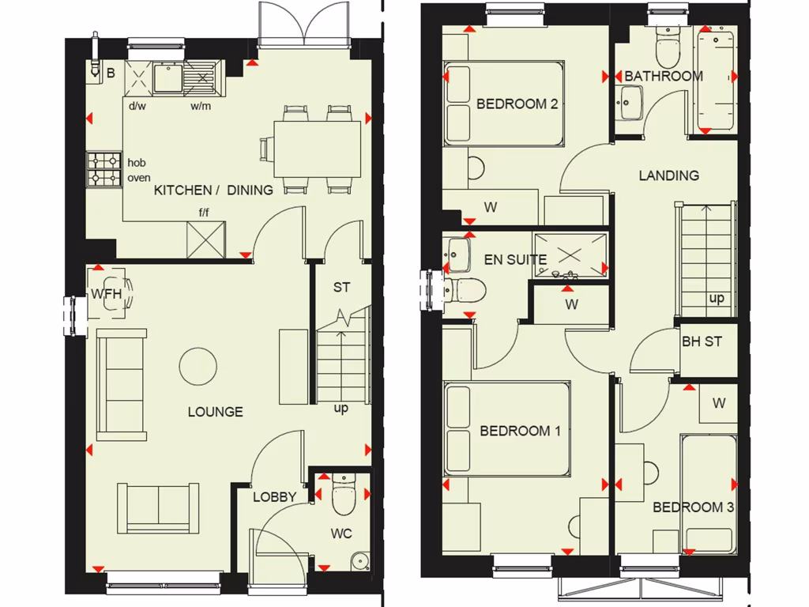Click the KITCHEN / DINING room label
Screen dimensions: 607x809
213,190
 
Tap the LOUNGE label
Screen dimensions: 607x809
215,412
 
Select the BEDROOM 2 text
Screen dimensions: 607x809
517,104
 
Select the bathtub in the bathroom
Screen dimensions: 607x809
716,81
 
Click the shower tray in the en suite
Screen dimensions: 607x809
570,254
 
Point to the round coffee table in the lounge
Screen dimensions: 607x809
198,365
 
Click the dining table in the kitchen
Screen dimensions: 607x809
316,149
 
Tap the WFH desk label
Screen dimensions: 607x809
107,293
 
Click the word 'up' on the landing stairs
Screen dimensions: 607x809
717,299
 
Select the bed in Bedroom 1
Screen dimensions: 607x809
507,429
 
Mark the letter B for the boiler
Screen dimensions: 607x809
111,74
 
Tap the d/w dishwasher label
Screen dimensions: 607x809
137,105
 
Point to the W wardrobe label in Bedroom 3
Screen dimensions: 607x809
718,403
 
